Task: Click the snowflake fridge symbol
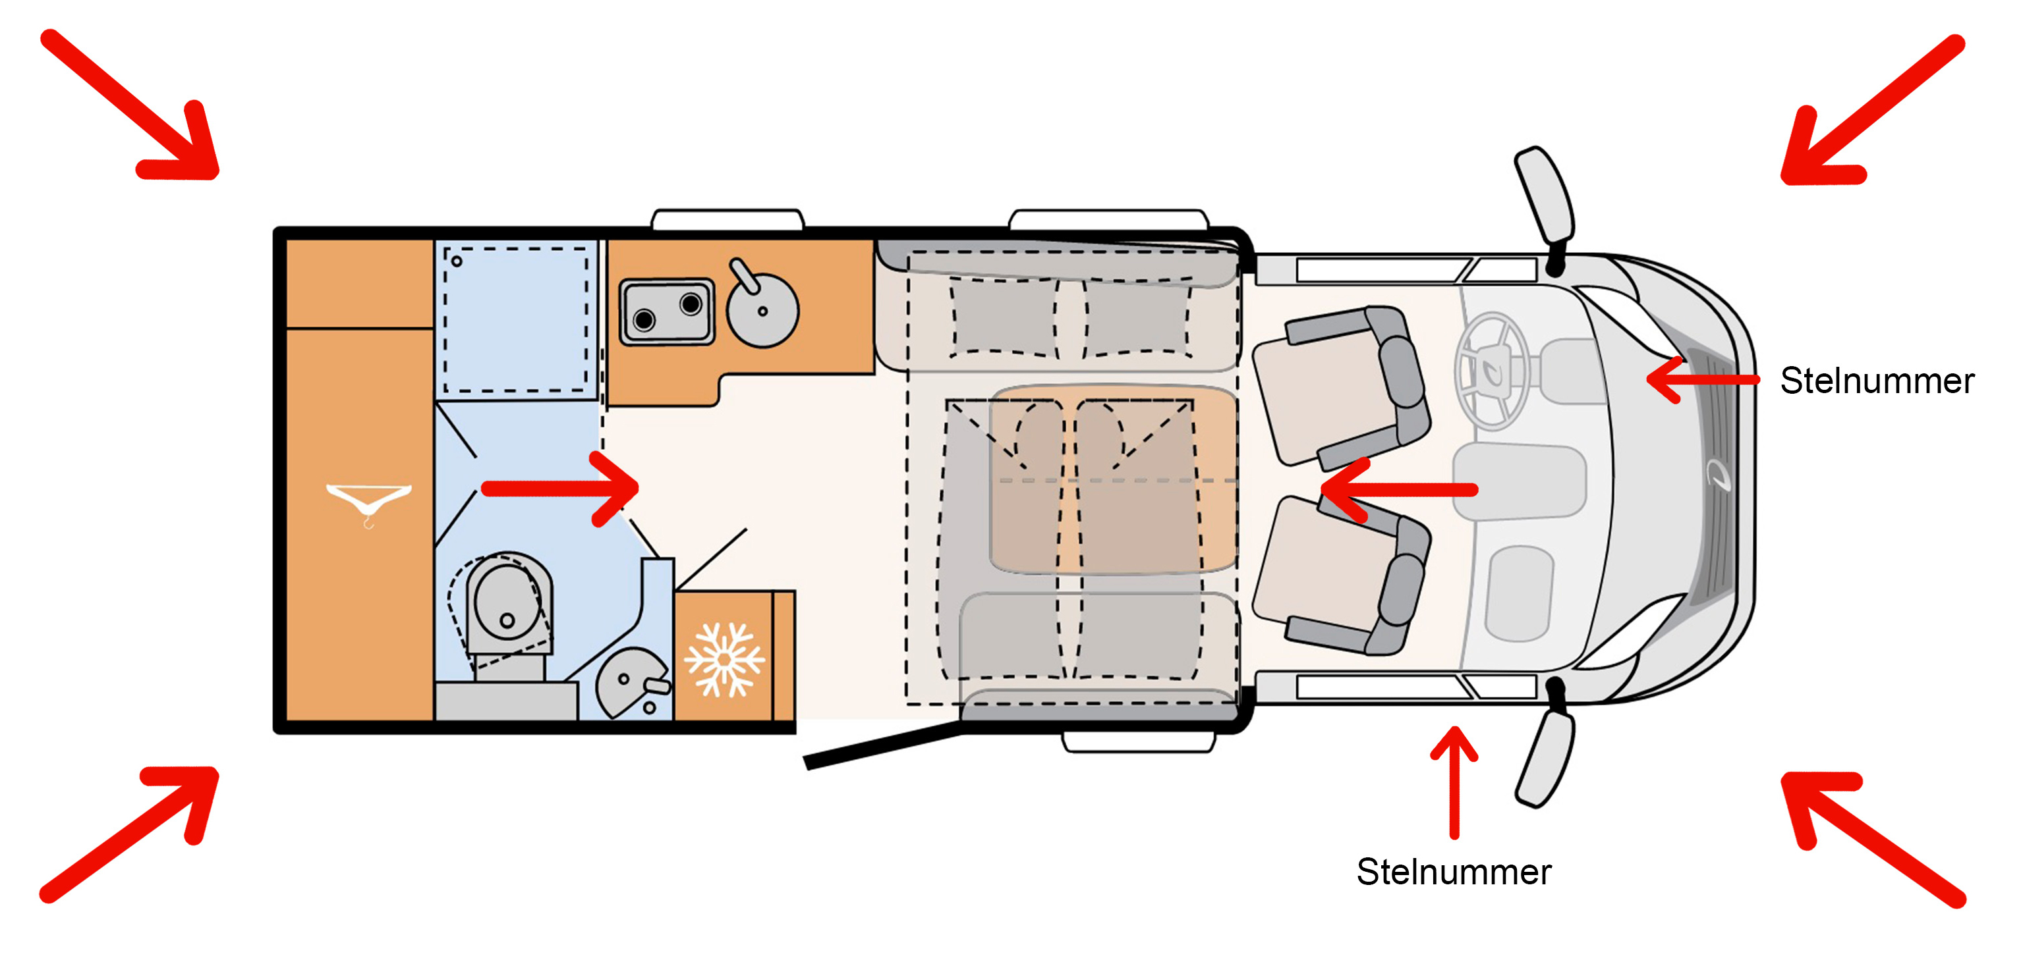click(x=724, y=659)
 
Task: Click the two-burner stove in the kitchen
click(x=667, y=311)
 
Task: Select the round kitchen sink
click(x=762, y=310)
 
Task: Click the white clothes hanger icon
click(x=368, y=500)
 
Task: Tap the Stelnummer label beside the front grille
click(x=1876, y=381)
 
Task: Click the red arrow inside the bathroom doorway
click(x=561, y=489)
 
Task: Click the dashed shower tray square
click(x=516, y=319)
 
